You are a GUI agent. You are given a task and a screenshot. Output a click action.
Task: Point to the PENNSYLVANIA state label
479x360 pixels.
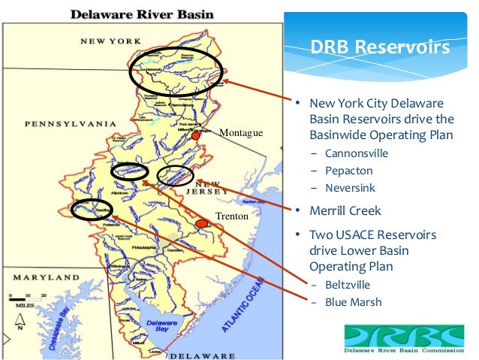70,123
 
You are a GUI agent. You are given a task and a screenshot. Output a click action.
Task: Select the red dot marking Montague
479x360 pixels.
195,136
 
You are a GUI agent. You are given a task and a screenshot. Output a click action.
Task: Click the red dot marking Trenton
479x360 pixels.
200,224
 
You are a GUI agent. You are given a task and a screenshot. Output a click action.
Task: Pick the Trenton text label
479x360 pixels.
231,216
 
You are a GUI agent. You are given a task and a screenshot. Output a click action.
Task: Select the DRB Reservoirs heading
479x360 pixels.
380,48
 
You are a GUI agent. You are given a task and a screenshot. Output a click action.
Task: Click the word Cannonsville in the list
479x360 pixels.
357,153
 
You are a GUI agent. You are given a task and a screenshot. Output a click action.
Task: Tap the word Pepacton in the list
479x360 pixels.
349,171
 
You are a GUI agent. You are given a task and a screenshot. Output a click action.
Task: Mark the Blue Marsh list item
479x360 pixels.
354,302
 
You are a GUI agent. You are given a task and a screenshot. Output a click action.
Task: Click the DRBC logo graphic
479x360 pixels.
404,337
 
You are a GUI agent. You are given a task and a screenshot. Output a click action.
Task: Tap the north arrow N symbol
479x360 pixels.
21,325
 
